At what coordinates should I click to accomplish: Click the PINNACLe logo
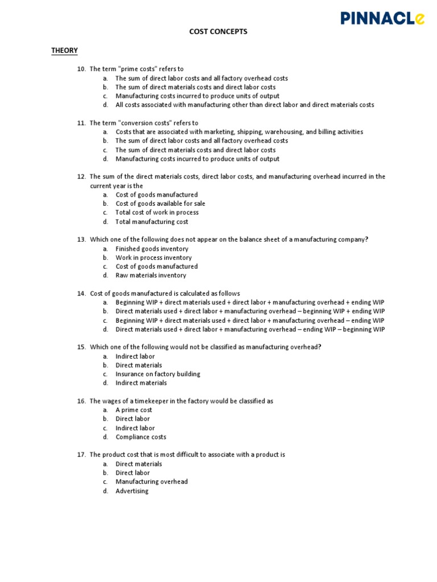pos(382,18)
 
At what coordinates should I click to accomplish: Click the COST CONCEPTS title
pos(218,32)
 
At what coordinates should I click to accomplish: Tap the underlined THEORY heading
pos(64,51)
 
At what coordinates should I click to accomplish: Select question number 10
pos(81,69)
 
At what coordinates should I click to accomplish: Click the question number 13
pos(81,239)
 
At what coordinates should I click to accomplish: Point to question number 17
pos(81,455)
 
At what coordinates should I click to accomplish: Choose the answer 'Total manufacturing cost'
pos(151,222)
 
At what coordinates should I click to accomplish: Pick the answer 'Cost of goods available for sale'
pos(160,203)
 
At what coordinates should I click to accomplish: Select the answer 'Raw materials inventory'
pos(151,275)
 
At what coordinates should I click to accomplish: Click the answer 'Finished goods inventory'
pos(152,248)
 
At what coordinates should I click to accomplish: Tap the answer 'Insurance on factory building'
pos(158,374)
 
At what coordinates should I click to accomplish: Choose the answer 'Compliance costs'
pos(141,437)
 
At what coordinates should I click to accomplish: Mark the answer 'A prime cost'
pos(134,410)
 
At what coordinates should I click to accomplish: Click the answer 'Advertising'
pos(132,491)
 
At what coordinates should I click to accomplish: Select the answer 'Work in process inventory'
pos(154,257)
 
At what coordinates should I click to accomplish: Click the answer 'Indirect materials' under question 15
pos(141,383)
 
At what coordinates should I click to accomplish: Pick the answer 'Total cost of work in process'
pos(157,213)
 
